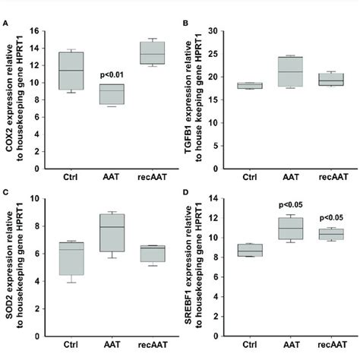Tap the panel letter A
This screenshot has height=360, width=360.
[5, 23]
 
